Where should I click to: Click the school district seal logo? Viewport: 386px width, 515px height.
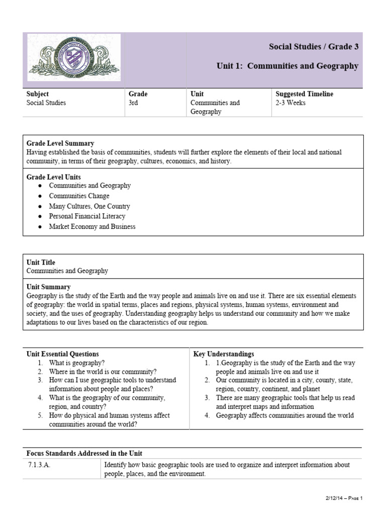[74, 57]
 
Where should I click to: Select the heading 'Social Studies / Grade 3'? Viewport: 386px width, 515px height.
[314, 47]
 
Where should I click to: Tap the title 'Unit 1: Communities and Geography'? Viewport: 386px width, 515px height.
[287, 66]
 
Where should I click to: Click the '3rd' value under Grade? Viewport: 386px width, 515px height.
[133, 103]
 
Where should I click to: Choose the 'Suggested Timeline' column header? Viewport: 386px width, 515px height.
[304, 94]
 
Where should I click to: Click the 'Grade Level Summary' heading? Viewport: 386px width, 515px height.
[60, 143]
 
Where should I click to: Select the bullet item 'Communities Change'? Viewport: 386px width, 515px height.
[79, 196]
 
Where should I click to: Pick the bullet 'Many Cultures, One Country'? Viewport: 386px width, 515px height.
[89, 206]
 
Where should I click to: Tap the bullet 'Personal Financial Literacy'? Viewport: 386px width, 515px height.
[87, 216]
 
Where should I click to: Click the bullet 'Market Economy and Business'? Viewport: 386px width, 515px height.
[92, 226]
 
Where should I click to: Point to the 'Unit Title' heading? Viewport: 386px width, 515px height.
[41, 263]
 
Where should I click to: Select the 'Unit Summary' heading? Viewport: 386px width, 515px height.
[48, 287]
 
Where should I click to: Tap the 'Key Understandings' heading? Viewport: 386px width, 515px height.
[224, 354]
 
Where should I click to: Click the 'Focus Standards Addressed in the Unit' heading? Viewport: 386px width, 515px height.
[87, 453]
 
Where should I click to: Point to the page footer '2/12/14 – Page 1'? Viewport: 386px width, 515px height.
[343, 498]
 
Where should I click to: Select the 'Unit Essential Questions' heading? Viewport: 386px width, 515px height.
[62, 354]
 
